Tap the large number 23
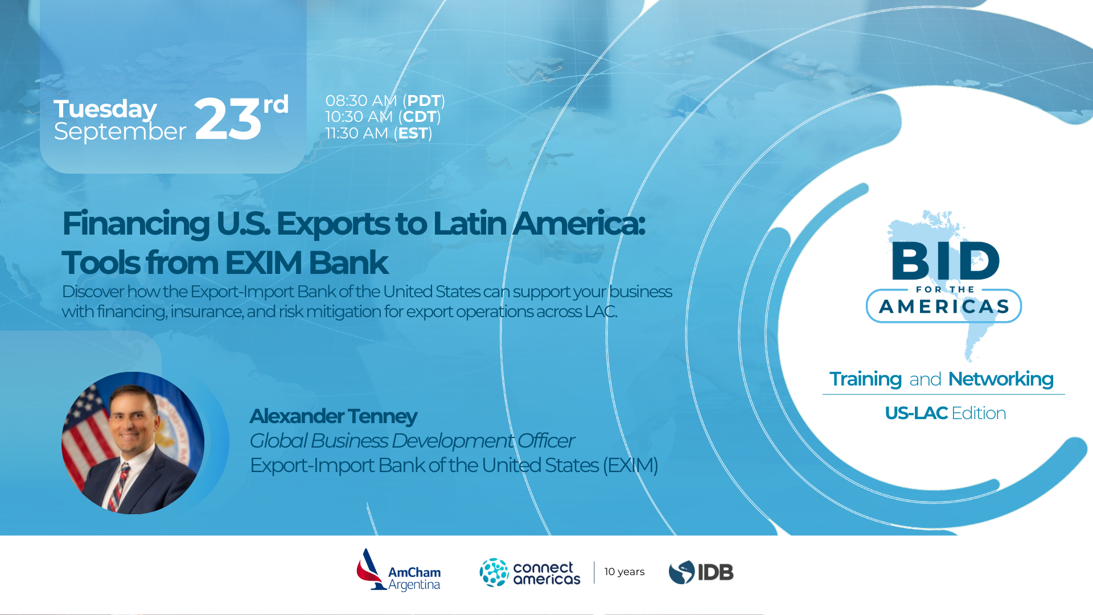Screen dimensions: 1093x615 228,118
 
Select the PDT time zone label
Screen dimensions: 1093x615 424,101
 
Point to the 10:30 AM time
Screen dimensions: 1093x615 359,117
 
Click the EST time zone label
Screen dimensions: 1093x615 413,133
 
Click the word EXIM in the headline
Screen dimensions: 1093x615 264,263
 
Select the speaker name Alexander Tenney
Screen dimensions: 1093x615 334,416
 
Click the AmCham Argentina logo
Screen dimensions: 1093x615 398,570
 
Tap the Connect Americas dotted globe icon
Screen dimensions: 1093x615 494,572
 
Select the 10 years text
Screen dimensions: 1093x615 624,572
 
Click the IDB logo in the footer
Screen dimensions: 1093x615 701,572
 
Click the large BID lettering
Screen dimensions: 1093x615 946,261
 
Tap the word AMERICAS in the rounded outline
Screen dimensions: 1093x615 944,307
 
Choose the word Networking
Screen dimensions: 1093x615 1001,379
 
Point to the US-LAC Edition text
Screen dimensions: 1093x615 946,413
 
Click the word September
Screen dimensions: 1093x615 120,132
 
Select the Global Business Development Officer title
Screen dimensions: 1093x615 412,441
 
